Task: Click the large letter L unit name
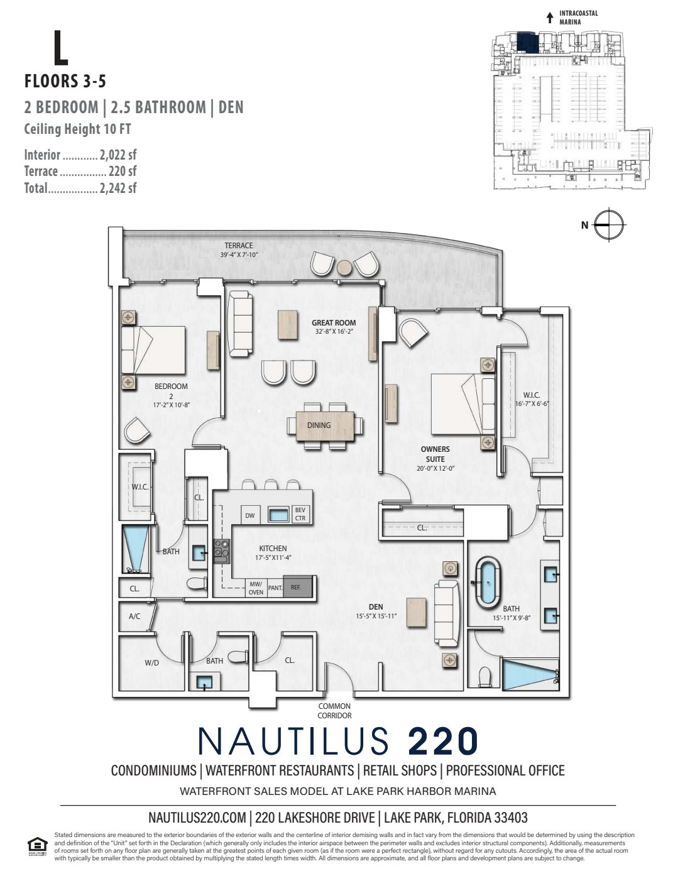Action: pyautogui.click(x=60, y=48)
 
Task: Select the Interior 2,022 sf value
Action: pyautogui.click(x=118, y=155)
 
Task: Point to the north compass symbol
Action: pyautogui.click(x=608, y=225)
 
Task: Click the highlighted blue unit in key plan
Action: pyautogui.click(x=525, y=43)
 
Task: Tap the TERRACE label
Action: pyautogui.click(x=239, y=246)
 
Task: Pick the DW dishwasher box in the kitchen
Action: pyautogui.click(x=249, y=516)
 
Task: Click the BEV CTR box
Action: pyautogui.click(x=300, y=514)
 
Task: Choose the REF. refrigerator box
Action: pyautogui.click(x=296, y=588)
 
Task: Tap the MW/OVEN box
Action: pyautogui.click(x=256, y=588)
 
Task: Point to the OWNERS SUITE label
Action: pyautogui.click(x=435, y=454)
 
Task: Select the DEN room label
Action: pyautogui.click(x=376, y=606)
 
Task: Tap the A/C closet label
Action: pyautogui.click(x=134, y=616)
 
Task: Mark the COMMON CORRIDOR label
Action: pyautogui.click(x=334, y=711)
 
